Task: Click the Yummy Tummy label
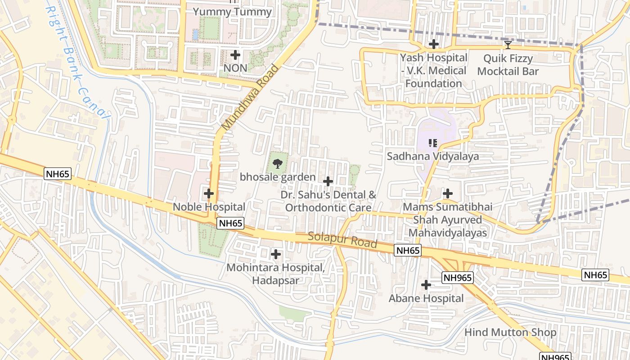232,12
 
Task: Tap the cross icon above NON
235,55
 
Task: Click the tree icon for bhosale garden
278,164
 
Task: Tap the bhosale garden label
278,177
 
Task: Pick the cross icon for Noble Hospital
209,193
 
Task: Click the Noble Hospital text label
209,207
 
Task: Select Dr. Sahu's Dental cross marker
328,181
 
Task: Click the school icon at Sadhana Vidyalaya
433,143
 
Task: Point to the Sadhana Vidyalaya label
433,157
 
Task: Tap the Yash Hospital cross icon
434,44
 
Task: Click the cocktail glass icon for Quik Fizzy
508,45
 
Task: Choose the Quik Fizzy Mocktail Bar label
508,65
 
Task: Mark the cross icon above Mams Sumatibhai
448,193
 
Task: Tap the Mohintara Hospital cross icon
275,254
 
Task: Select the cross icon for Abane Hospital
426,285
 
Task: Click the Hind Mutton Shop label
510,333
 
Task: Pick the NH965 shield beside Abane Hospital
457,278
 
